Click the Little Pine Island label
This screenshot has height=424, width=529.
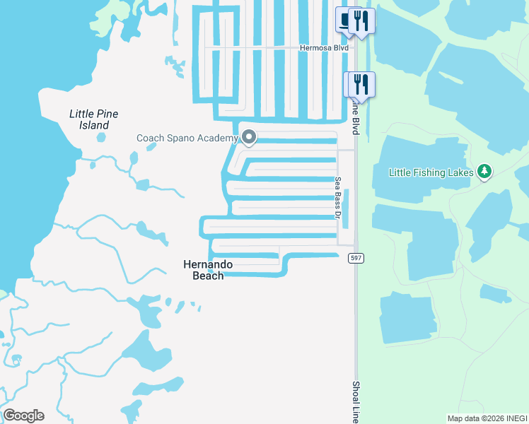93,119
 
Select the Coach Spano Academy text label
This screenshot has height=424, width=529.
187,138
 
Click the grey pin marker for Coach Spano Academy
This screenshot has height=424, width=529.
248,136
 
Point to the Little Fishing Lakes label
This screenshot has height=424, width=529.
431,172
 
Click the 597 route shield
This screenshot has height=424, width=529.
356,259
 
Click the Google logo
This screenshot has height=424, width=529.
23,416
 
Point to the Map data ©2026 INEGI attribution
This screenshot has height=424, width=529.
487,418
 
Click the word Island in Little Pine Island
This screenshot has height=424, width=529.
93,126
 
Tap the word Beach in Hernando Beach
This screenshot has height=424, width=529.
208,276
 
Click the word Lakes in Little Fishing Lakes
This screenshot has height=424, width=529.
459,172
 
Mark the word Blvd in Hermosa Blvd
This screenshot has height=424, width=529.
339,48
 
